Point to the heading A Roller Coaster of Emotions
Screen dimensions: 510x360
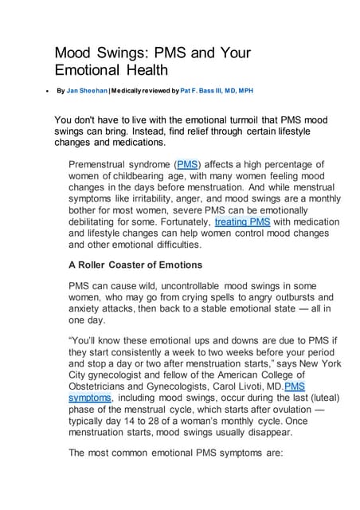tap(135, 264)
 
